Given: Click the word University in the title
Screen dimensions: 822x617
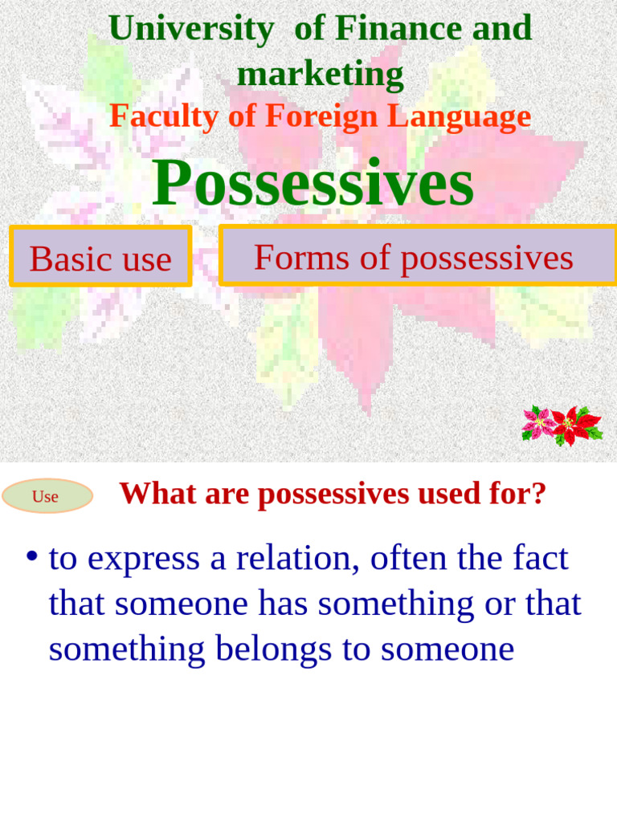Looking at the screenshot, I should coord(190,29).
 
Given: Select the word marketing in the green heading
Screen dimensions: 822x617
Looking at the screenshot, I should coord(320,75).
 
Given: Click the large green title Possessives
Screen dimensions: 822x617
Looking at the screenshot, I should coord(313,183).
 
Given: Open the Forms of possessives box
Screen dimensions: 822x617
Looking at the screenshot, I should coord(414,257).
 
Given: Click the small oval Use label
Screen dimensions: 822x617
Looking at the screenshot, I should coord(46,496).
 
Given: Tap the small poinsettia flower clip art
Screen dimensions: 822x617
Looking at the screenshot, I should coord(562,425).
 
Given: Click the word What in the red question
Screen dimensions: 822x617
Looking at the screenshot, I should coord(158,494).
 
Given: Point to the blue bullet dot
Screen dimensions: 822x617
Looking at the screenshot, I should coord(32,556).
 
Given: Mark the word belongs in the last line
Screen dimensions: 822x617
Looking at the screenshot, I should coord(274,649).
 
